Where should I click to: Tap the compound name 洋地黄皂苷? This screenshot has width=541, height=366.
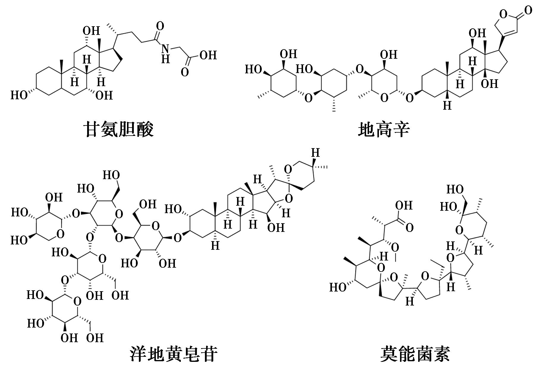[x=174, y=354]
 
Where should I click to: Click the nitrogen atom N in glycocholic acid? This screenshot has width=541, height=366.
[x=166, y=48]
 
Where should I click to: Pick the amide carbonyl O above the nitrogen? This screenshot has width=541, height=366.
[x=160, y=26]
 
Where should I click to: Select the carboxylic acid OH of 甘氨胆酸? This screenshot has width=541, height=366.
[x=208, y=55]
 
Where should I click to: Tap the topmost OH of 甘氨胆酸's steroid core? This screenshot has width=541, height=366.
[x=91, y=31]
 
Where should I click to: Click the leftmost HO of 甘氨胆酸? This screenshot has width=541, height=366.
[x=19, y=96]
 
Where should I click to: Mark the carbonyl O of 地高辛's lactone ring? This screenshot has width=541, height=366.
[x=528, y=11]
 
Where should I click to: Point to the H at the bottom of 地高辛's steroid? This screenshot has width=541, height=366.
[x=447, y=106]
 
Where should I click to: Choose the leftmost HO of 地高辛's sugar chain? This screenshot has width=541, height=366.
[x=253, y=69]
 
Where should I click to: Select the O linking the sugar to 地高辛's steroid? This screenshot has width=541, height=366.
[x=410, y=98]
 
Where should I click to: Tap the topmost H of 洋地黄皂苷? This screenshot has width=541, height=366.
[x=316, y=153]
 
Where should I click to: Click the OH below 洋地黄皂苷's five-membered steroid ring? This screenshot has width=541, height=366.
[x=276, y=228]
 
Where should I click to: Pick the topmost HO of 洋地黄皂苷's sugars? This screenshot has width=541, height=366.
[x=111, y=175]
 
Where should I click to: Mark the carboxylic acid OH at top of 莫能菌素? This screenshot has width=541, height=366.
[x=404, y=205]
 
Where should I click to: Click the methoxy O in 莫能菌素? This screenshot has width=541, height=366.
[x=395, y=247]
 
